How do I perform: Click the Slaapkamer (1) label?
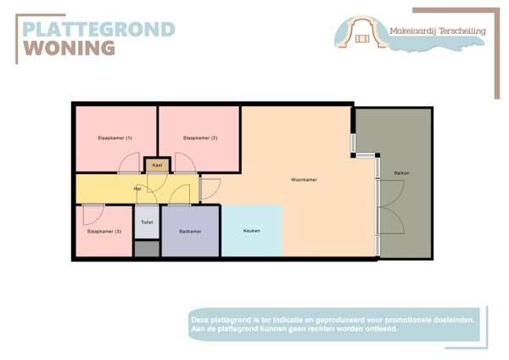[x=115, y=138]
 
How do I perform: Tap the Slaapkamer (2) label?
[x=200, y=138]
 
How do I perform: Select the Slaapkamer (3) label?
[x=103, y=231]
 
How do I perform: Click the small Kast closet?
[x=157, y=165]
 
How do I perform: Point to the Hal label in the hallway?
[x=137, y=188]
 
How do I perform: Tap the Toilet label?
[x=147, y=222]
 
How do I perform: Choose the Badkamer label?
[x=190, y=231]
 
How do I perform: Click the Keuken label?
[x=251, y=231]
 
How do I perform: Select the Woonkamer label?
[x=303, y=180]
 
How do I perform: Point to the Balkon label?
[x=401, y=173]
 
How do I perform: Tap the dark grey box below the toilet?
[x=147, y=249]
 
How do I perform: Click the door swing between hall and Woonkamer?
[x=210, y=189]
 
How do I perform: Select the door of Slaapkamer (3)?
[x=93, y=212]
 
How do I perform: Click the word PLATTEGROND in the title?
[x=98, y=29]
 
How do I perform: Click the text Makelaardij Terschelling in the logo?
[x=437, y=31]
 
